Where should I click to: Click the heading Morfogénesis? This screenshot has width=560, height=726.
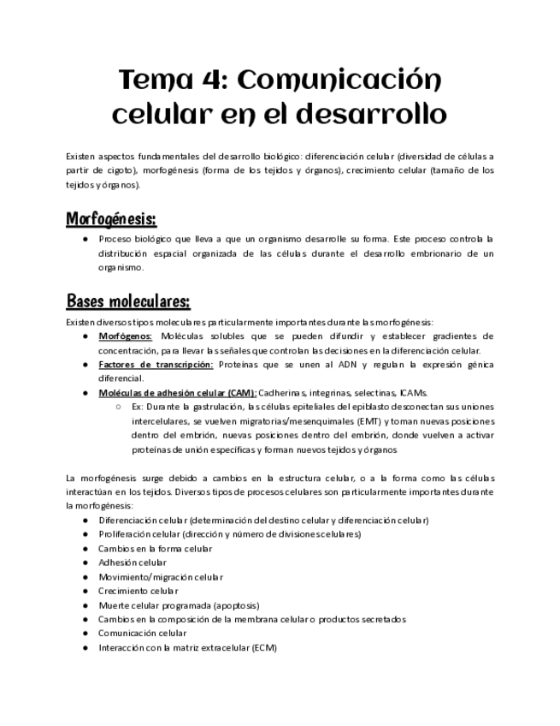tap(110, 220)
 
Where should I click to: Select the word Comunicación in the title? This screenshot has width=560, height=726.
tap(337, 81)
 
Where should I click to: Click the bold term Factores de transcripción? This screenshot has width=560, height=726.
tap(156, 364)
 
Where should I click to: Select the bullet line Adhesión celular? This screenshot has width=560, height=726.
tap(133, 562)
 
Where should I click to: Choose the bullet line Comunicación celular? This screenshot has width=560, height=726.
tap(143, 633)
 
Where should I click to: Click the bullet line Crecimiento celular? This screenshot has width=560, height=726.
tap(139, 591)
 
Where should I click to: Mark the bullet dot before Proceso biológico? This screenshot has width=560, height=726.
tap(85, 240)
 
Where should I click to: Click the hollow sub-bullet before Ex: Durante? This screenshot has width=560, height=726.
tap(117, 407)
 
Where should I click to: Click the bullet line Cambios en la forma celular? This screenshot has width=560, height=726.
tap(156, 548)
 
